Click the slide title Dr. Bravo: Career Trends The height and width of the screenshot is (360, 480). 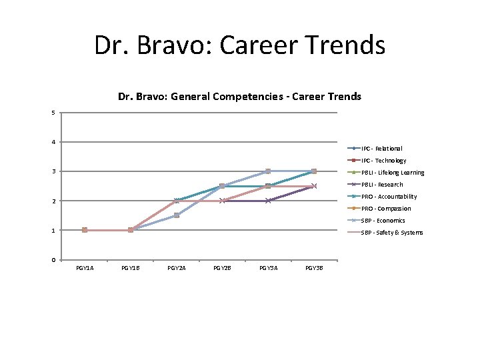click(239, 45)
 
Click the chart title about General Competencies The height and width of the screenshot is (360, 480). click(239, 97)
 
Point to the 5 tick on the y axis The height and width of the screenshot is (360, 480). click(53, 113)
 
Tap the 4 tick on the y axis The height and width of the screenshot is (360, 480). click(53, 142)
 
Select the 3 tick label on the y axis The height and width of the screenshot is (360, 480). click(53, 171)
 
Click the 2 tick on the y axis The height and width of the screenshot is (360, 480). click(53, 201)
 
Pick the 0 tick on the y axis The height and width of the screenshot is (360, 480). click(53, 260)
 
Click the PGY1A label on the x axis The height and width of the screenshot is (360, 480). click(85, 268)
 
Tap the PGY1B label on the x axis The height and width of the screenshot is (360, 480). click(131, 268)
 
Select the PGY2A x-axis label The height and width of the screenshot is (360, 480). click(177, 268)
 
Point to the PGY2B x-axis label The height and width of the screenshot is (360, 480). click(222, 268)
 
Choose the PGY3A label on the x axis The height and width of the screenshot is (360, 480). click(268, 268)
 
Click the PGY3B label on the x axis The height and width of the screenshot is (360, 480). click(314, 268)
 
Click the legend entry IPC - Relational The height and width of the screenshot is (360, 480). click(381, 149)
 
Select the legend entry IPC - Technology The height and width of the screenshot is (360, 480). click(383, 161)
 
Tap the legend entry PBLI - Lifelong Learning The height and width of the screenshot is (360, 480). click(393, 173)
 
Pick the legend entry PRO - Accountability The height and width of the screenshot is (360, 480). click(389, 197)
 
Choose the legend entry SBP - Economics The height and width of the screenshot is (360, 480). click(383, 221)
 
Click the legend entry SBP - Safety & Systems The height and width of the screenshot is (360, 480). click(391, 233)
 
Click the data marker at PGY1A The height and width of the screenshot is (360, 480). click(85, 230)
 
